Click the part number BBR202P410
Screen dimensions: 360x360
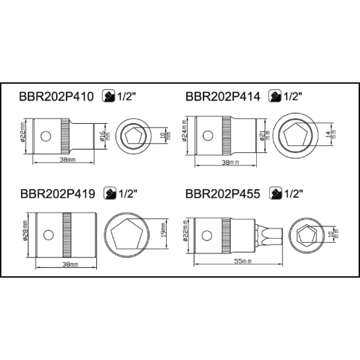(x=56, y=96)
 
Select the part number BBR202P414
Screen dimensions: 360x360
(x=223, y=96)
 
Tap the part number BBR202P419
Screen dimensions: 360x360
(x=57, y=194)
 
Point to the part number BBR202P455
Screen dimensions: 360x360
(x=223, y=194)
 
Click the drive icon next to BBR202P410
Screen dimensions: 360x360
(x=109, y=96)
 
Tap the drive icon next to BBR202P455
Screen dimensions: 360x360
(x=276, y=193)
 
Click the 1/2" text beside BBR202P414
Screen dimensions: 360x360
(x=293, y=96)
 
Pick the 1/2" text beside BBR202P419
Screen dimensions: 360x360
(x=128, y=194)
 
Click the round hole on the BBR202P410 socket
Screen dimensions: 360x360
(x=46, y=136)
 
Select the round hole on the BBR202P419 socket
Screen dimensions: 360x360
(x=48, y=235)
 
